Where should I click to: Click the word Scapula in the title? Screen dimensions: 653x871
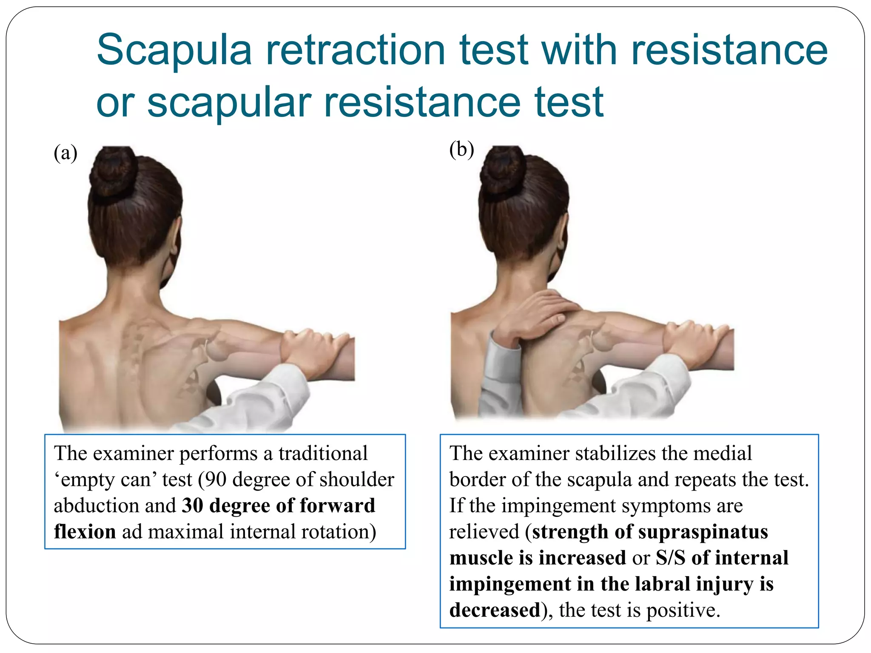(x=174, y=51)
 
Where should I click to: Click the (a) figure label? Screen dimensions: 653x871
(x=65, y=153)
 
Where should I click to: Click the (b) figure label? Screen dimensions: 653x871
(x=461, y=150)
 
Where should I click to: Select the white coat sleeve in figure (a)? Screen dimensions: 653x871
(x=264, y=395)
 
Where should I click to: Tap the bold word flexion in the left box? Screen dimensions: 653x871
(x=85, y=532)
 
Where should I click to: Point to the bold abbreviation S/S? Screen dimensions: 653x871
(x=670, y=558)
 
